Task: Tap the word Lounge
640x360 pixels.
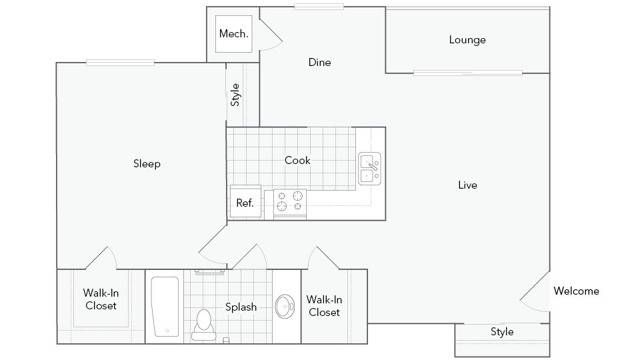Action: [467, 40]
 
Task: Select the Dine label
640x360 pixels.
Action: [319, 62]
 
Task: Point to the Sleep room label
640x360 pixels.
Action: [147, 164]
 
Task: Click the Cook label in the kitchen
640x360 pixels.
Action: [297, 160]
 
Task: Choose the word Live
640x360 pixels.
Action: [467, 185]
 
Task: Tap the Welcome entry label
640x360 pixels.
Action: [576, 291]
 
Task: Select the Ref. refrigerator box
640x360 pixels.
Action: [244, 202]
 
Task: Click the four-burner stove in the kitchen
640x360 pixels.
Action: [290, 202]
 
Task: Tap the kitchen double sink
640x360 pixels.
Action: [370, 168]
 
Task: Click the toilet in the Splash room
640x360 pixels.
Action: [204, 322]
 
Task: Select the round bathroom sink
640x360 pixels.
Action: [285, 307]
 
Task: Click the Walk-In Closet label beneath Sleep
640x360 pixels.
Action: [100, 299]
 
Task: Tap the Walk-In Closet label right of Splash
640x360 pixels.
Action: [323, 305]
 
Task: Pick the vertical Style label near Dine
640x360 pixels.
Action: [236, 94]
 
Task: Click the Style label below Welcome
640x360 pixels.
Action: [502, 331]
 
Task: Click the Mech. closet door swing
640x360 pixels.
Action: [270, 32]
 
